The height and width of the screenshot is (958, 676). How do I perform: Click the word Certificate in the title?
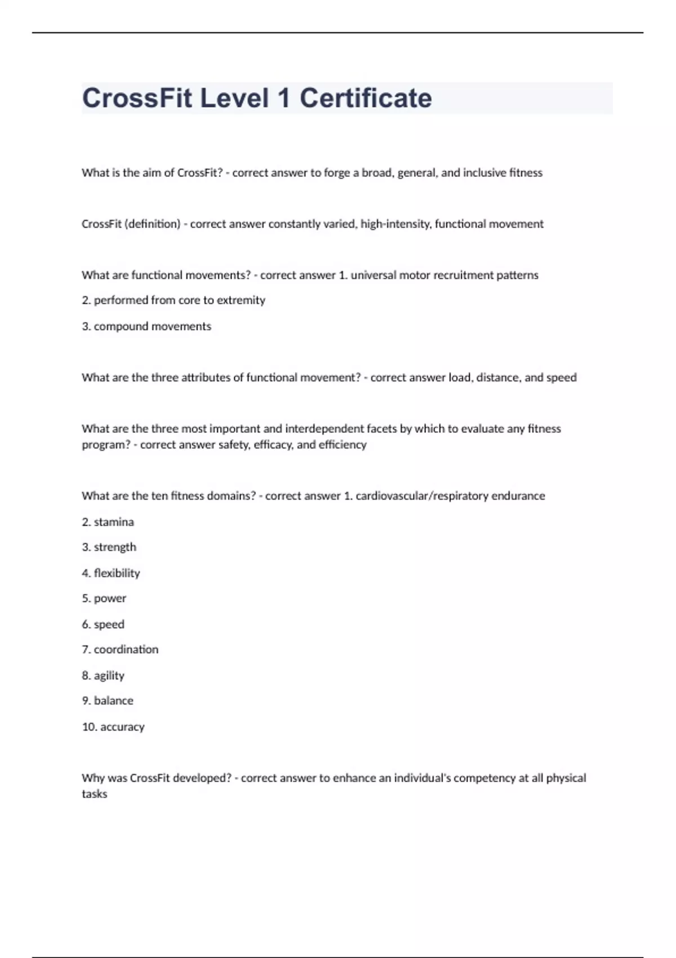pos(366,98)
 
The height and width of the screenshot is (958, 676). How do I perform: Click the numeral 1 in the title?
pos(283,98)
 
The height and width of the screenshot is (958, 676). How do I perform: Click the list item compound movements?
pos(152,326)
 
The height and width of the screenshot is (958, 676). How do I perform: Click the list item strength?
pos(115,547)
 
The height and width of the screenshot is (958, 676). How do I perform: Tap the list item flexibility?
pos(117,573)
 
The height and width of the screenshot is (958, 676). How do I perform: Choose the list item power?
pos(110,598)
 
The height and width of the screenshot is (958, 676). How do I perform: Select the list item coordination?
pos(126,650)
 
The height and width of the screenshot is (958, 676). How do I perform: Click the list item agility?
pos(109,676)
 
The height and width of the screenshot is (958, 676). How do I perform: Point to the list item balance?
pos(113,701)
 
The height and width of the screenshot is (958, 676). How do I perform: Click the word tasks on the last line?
pos(94,794)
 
